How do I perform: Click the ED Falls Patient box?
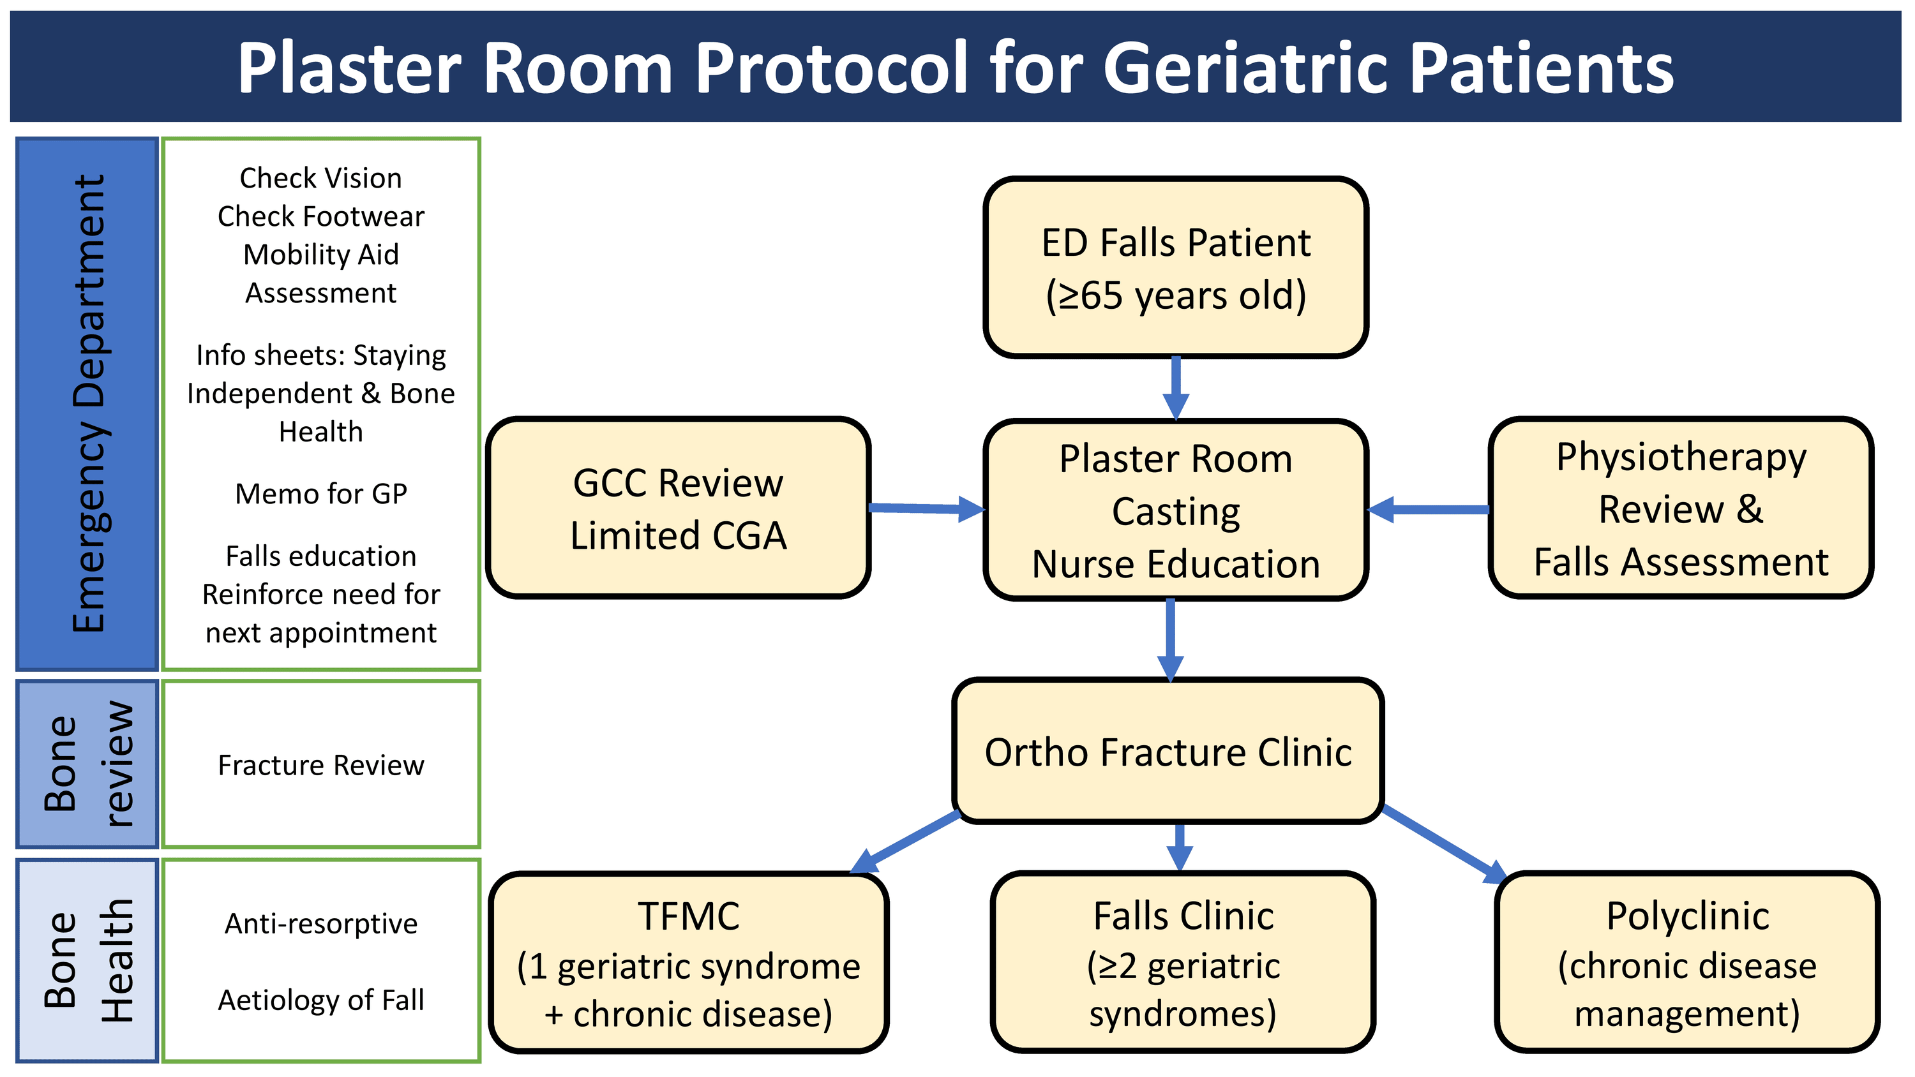pyautogui.click(x=1175, y=267)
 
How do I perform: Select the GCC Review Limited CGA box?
pyautogui.click(x=678, y=509)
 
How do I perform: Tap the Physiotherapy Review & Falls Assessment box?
pyautogui.click(x=1680, y=509)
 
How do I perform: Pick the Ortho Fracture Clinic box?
pyautogui.click(x=1167, y=752)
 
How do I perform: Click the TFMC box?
pyautogui.click(x=688, y=963)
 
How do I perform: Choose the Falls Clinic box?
pyautogui.click(x=1183, y=963)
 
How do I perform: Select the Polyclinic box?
pyautogui.click(x=1686, y=963)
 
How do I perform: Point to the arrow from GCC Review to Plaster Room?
pyautogui.click(x=926, y=509)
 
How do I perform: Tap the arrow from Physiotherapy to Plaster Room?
pyautogui.click(x=1428, y=509)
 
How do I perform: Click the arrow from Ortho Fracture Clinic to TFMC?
pyautogui.click(x=905, y=842)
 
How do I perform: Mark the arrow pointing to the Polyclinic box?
pyautogui.click(x=1444, y=843)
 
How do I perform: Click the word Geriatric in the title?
pyautogui.click(x=1248, y=68)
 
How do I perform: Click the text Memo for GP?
pyautogui.click(x=321, y=494)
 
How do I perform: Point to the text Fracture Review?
pyautogui.click(x=321, y=765)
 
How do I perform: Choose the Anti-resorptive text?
pyautogui.click(x=321, y=923)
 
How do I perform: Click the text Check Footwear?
pyautogui.click(x=321, y=216)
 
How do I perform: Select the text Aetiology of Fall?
pyautogui.click(x=321, y=1000)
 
